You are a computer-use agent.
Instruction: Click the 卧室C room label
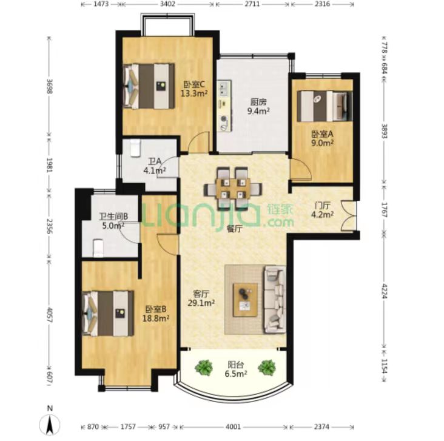194,84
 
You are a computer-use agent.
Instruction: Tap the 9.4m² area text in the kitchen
258,111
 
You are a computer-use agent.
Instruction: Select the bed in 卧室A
325,106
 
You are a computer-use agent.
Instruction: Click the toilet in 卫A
135,147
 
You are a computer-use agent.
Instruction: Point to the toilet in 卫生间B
98,248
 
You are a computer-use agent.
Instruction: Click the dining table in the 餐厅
233,188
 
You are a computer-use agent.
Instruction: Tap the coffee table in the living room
245,300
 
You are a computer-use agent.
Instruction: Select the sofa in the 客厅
275,299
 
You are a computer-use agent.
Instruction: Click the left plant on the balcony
204,368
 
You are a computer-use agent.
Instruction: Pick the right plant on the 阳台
266,368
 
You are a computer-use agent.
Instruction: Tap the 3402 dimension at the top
167,4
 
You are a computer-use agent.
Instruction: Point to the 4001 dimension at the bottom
233,426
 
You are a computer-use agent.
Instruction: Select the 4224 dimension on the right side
384,291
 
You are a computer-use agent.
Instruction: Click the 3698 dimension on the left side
50,86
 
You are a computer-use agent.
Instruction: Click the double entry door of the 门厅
349,216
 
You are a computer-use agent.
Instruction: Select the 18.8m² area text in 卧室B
156,318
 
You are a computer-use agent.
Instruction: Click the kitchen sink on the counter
224,88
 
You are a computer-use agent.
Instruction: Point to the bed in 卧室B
108,314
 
